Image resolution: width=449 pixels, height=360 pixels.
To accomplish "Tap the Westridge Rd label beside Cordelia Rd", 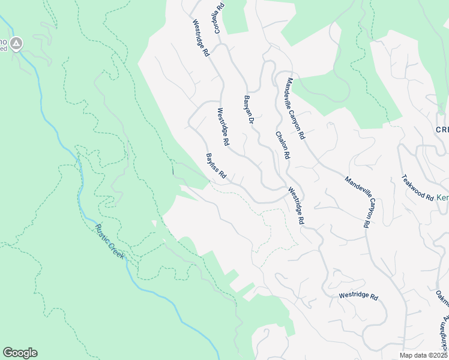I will (200, 38).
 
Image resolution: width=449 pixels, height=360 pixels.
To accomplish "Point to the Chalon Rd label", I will (283, 146).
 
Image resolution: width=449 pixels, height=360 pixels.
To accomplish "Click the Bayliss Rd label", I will (215, 167).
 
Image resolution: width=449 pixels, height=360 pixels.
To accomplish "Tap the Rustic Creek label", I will (109, 241).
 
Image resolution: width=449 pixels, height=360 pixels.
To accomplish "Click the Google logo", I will (20, 353).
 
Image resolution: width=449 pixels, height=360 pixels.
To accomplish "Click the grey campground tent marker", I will (16, 43).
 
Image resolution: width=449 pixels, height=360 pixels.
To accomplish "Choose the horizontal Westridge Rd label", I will (358, 296).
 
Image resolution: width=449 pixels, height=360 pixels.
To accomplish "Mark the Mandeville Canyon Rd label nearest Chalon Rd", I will (296, 109).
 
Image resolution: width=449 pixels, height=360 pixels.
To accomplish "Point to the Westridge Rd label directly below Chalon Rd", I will (296, 206).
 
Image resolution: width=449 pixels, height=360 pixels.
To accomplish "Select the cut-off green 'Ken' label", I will (442, 197).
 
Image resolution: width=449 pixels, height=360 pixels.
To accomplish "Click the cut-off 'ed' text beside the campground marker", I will (3, 49).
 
